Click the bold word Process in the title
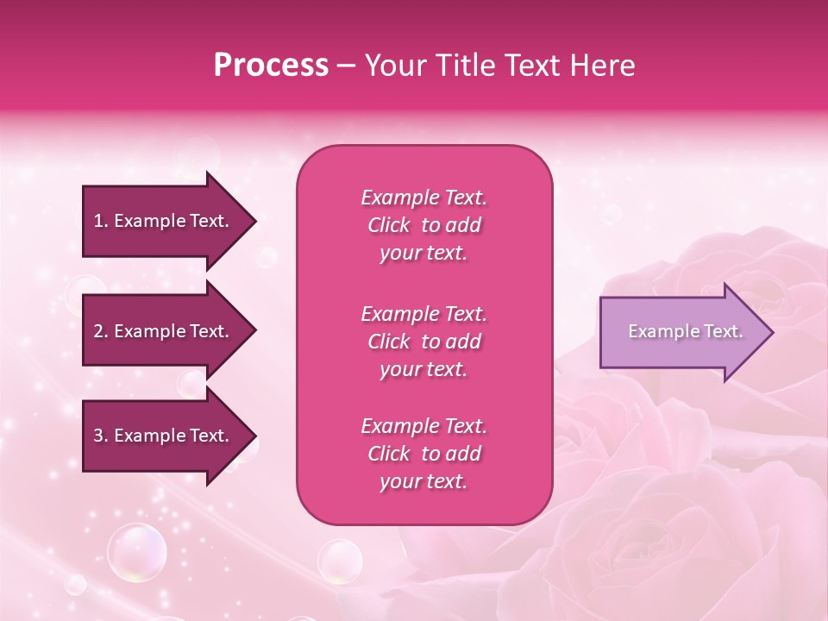(271, 66)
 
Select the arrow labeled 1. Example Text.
(164, 221)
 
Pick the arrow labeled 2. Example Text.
(164, 331)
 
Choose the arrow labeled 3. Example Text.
(164, 436)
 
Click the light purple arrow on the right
(681, 332)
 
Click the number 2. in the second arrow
(100, 331)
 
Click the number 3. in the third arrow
(100, 436)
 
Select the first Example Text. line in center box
(423, 198)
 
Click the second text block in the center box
(423, 342)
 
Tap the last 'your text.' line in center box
(423, 481)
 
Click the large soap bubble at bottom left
(136, 552)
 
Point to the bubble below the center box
(339, 561)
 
